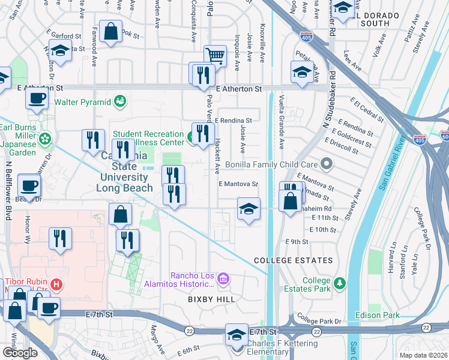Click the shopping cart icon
coord(215,56)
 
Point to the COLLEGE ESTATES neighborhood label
coord(293,260)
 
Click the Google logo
coord(20,353)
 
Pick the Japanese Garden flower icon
coord(44,139)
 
